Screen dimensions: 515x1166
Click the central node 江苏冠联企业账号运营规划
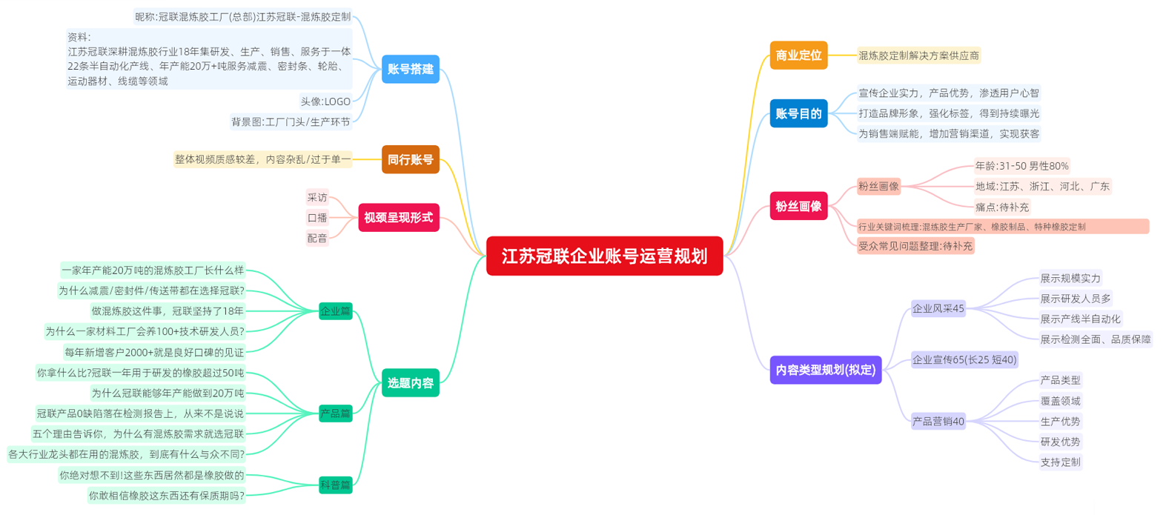[604, 256]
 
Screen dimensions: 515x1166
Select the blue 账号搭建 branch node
[410, 69]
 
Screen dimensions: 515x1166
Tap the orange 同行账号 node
[410, 159]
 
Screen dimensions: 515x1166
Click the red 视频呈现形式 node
[398, 218]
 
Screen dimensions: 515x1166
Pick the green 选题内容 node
[410, 383]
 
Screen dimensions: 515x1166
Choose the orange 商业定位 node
[798, 56]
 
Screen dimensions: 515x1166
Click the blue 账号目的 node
[798, 113]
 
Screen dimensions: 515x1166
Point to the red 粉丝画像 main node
[798, 206]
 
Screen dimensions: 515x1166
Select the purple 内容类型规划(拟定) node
[825, 370]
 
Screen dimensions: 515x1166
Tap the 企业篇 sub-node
[335, 311]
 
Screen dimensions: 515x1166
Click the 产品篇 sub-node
[335, 413]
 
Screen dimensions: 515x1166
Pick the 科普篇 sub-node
[335, 485]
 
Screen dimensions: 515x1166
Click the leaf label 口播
[317, 218]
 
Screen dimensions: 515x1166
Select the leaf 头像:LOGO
[325, 102]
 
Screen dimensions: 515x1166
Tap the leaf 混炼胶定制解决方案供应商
[918, 56]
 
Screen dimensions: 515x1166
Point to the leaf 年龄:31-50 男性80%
[1021, 166]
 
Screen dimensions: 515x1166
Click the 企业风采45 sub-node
[938, 308]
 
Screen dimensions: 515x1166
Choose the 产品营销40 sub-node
[938, 422]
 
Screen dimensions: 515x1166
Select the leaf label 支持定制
[1060, 462]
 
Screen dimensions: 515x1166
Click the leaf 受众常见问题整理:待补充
[915, 246]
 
